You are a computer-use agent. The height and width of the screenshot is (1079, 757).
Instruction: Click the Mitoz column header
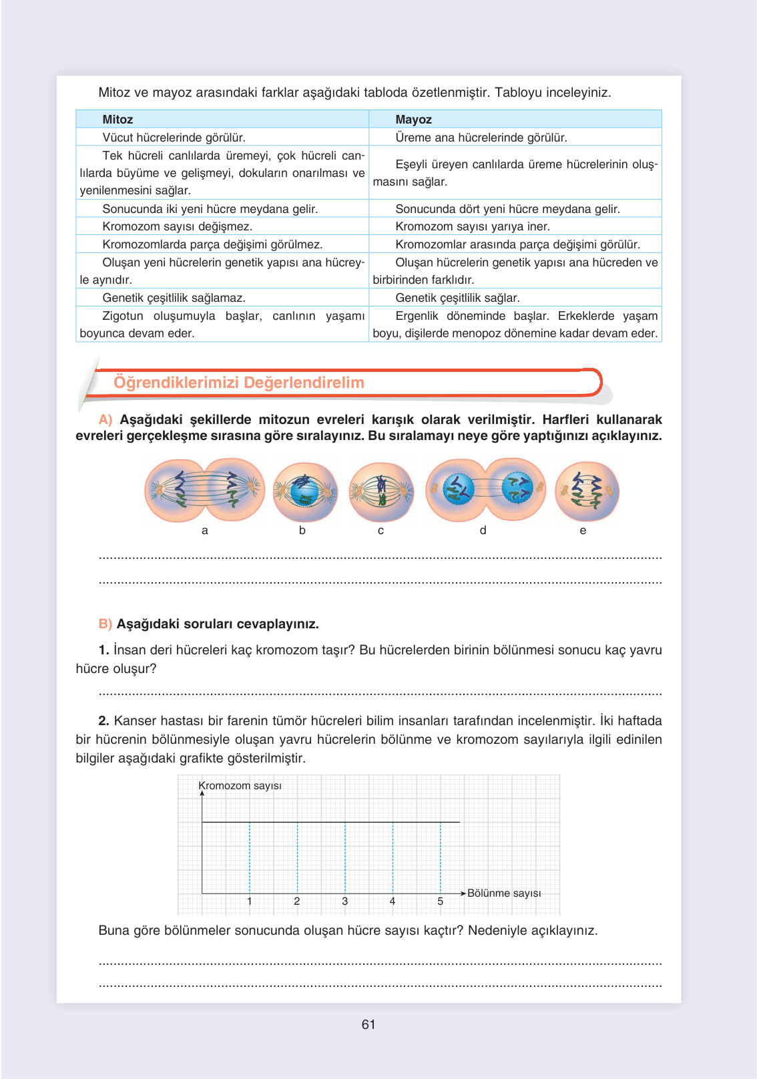pos(117,120)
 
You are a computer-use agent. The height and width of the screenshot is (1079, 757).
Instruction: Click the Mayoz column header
pos(413,120)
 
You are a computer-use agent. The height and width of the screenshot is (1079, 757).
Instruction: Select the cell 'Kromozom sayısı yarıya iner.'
pos(473,226)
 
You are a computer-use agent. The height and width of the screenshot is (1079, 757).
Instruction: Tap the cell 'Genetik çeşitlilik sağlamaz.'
pos(174,298)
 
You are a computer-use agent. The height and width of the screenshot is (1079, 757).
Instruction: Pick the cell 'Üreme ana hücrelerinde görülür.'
pos(481,138)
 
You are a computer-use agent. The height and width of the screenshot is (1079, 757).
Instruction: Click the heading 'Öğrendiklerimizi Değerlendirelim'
pos(239,383)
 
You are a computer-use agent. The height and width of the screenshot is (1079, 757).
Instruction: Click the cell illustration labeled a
pos(204,490)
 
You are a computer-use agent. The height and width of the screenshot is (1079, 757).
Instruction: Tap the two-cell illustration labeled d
pos(485,489)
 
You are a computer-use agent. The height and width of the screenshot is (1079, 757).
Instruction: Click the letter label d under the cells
pos(483,530)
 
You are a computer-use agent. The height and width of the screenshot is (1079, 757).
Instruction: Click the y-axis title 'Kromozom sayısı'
pos(240,786)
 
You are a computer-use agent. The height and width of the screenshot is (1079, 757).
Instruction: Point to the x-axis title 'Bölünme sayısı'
pos(504,893)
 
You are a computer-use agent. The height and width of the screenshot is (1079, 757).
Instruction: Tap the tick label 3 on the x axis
pos(345,901)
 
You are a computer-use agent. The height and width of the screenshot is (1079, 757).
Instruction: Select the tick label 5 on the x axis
pos(440,901)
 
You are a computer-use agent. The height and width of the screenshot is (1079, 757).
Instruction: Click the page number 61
pos(368,1024)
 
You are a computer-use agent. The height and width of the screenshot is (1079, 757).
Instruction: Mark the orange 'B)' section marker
pos(105,624)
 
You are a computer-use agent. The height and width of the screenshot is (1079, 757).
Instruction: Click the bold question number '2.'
pos(103,721)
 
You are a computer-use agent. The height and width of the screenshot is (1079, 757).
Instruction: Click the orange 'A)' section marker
pos(105,420)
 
